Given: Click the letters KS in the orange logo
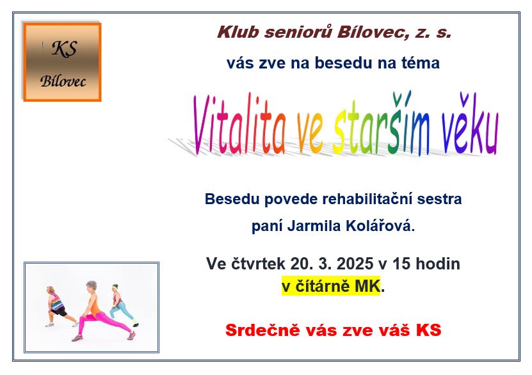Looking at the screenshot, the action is [65, 49].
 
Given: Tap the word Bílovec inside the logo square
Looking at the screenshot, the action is [63, 81].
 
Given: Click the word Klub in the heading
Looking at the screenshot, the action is [238, 32].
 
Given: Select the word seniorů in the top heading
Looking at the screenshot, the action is [298, 32].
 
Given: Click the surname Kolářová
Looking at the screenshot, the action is [378, 225].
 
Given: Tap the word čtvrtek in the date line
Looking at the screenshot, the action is [258, 264].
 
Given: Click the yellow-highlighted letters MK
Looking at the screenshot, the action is [367, 287].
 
